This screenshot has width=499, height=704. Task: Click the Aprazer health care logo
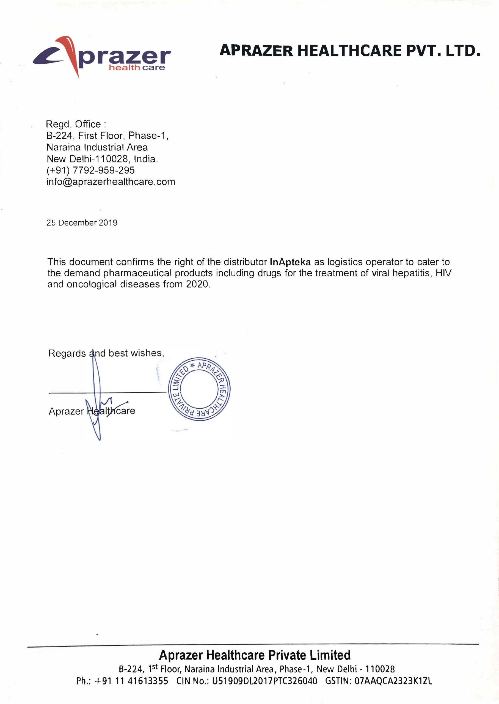(101, 57)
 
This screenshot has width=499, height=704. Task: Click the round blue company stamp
(199, 389)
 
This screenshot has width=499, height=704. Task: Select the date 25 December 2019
(82, 223)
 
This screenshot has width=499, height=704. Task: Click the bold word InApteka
(290, 262)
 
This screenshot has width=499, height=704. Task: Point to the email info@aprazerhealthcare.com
(111, 182)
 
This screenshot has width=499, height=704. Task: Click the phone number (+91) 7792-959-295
(90, 170)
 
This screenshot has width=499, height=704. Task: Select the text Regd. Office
(76, 124)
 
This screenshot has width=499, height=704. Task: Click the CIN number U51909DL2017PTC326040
(264, 681)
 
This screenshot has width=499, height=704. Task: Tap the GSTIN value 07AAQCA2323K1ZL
(393, 681)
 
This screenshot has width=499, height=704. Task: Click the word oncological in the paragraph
(92, 285)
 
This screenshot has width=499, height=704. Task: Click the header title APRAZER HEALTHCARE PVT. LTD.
(349, 51)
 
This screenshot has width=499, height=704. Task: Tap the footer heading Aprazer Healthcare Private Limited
(254, 655)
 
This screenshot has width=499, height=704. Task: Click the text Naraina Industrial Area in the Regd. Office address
(97, 147)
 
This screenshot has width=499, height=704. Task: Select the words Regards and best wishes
(106, 353)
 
